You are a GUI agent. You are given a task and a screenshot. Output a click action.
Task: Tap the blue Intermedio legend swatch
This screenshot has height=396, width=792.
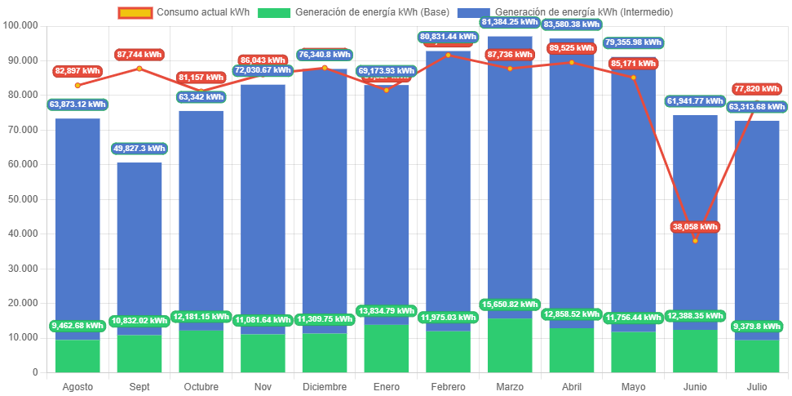coord(472,13)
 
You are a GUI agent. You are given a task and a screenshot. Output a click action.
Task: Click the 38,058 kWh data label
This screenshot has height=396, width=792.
coord(695,227)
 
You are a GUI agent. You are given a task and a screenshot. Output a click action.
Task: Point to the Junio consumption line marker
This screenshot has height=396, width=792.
coord(695,241)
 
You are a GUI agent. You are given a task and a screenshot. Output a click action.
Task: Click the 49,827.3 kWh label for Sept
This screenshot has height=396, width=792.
coord(139,149)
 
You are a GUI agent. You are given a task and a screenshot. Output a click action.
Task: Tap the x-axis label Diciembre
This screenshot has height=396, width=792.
coord(324,386)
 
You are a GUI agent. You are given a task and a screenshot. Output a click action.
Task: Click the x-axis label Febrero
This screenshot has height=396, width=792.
coord(448,386)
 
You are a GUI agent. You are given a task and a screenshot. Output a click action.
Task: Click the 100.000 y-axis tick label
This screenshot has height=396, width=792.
coord(21,25)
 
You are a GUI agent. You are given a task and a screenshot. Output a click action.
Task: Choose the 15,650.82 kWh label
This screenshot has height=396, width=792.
coord(510,305)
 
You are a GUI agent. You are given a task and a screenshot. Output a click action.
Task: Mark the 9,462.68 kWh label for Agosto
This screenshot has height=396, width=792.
coord(78,325)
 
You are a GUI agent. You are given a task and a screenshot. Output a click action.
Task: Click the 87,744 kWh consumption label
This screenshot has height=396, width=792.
coord(139,54)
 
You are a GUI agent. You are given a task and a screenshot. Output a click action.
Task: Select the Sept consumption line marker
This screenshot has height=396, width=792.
coord(139,69)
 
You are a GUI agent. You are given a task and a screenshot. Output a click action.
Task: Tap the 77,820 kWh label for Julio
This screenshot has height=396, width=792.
coord(757,88)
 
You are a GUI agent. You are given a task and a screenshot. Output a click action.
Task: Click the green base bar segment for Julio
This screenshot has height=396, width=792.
coord(757,356)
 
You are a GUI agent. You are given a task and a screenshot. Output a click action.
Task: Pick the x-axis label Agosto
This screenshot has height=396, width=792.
coord(77,386)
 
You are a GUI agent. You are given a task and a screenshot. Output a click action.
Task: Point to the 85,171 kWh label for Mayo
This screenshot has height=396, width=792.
coord(633,63)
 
